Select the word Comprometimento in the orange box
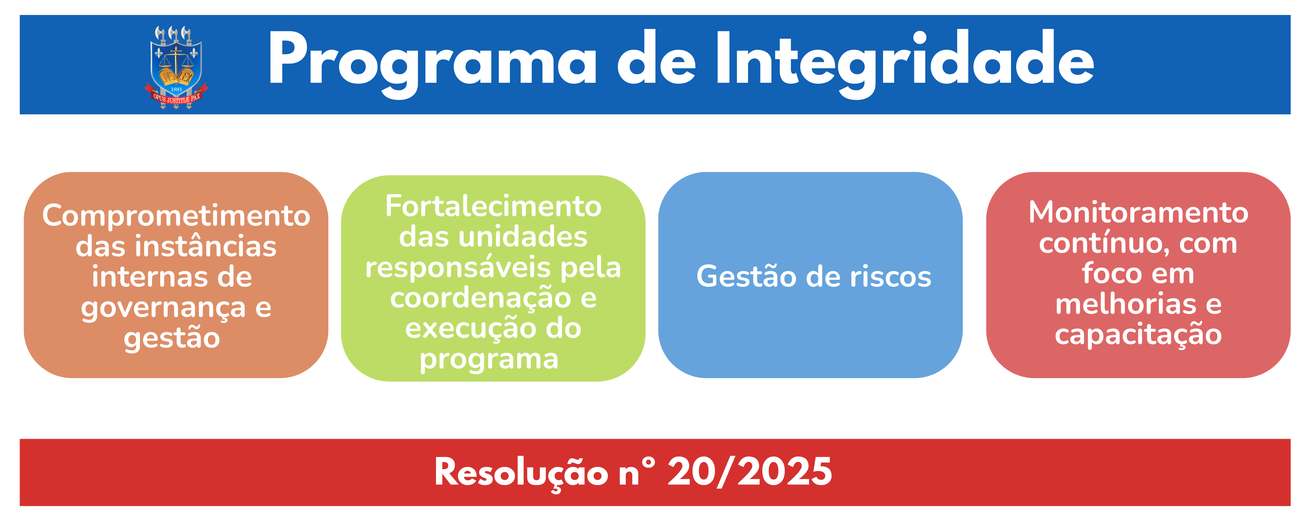(x=176, y=216)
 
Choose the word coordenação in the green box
(x=480, y=298)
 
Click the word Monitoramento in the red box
(x=1138, y=213)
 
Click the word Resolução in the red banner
(x=521, y=473)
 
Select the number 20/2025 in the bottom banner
(x=749, y=473)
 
